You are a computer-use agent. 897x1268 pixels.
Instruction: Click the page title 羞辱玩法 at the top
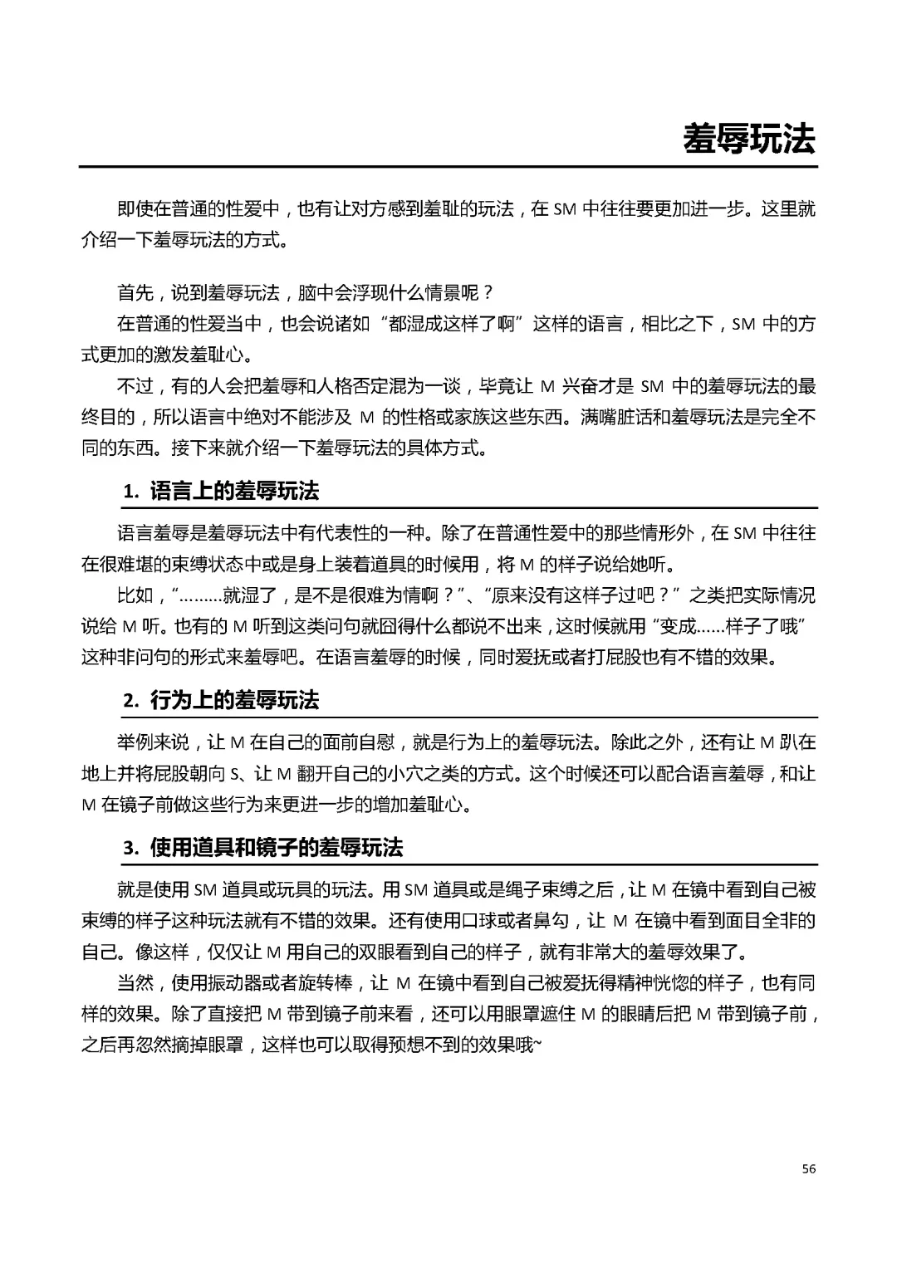(748, 139)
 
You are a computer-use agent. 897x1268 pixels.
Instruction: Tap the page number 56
(809, 1168)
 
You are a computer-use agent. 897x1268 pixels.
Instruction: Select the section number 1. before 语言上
(131, 492)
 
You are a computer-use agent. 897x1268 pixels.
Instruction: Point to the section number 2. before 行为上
(131, 701)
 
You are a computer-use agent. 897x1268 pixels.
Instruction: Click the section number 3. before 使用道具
(131, 849)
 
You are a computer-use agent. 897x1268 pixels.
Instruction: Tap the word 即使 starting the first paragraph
(135, 209)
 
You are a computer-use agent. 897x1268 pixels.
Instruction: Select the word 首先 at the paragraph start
(135, 292)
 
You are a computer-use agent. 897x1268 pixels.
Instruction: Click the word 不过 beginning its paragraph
(135, 386)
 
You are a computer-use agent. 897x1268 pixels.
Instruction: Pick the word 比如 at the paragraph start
(135, 595)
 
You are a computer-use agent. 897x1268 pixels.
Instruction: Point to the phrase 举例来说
(153, 742)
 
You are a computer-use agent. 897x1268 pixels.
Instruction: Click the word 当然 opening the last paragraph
(135, 983)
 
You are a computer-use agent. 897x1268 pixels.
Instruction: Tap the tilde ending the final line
(536, 1045)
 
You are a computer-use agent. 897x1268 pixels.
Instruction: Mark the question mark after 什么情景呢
(488, 292)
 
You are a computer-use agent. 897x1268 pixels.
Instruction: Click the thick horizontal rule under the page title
(448, 167)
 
